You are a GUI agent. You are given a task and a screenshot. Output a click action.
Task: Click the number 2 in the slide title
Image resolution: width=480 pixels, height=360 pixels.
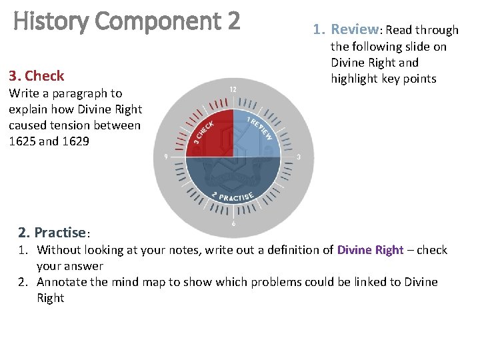click(x=233, y=22)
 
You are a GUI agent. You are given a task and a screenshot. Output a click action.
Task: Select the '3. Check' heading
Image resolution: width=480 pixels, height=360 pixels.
click(x=37, y=75)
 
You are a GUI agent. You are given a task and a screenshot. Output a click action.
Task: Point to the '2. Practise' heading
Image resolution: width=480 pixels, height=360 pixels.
click(x=53, y=233)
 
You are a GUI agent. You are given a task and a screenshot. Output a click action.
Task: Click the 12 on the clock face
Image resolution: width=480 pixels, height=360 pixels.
click(x=233, y=89)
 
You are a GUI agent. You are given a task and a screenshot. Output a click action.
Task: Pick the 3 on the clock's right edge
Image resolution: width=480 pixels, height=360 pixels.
click(x=299, y=157)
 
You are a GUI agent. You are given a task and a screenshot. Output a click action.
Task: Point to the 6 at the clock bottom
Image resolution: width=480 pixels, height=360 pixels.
click(x=233, y=224)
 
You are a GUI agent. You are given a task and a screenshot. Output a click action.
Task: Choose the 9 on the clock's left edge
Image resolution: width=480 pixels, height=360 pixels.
click(x=165, y=157)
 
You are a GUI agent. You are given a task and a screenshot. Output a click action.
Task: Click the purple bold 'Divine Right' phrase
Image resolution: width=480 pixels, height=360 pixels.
click(x=370, y=250)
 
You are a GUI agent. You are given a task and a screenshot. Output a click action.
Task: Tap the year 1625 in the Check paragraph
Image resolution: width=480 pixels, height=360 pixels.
click(x=23, y=141)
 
